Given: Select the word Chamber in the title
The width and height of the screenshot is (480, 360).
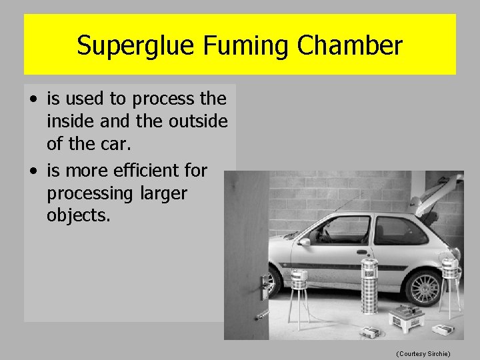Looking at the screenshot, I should tap(349, 46).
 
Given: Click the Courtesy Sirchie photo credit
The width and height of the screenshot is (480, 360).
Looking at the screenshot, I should tap(423, 352).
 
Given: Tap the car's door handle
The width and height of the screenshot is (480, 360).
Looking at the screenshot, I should tap(361, 253).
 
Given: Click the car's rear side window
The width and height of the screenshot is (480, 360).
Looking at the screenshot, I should tap(399, 230).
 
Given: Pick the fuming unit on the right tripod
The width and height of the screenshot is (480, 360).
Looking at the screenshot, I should tap(451, 268).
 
